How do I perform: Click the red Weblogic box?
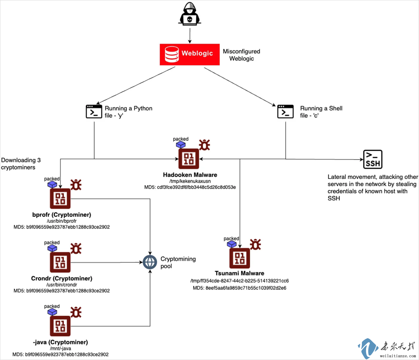tap(189, 54)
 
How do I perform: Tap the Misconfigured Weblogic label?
tap(241, 55)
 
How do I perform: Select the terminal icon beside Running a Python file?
tap(94, 112)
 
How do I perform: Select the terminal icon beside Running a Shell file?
tap(285, 112)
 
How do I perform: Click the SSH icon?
tap(373, 159)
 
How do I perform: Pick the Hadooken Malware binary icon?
tap(189, 159)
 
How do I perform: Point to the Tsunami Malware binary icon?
tap(239, 258)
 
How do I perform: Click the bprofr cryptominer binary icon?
tap(60, 199)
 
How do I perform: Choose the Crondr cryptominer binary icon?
tap(60, 262)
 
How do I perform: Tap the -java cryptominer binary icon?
tap(60, 326)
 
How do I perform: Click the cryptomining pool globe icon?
tap(150, 262)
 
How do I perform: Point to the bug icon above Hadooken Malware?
tap(204, 145)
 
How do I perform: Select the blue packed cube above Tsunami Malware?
tap(232, 244)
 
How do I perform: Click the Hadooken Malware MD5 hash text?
tap(190, 187)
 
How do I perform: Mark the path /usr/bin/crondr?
tap(62, 285)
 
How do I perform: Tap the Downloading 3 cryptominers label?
tap(21, 164)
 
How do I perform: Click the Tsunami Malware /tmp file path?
tap(239, 281)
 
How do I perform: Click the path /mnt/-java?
tap(60, 348)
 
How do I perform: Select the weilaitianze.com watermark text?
tap(398, 356)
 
